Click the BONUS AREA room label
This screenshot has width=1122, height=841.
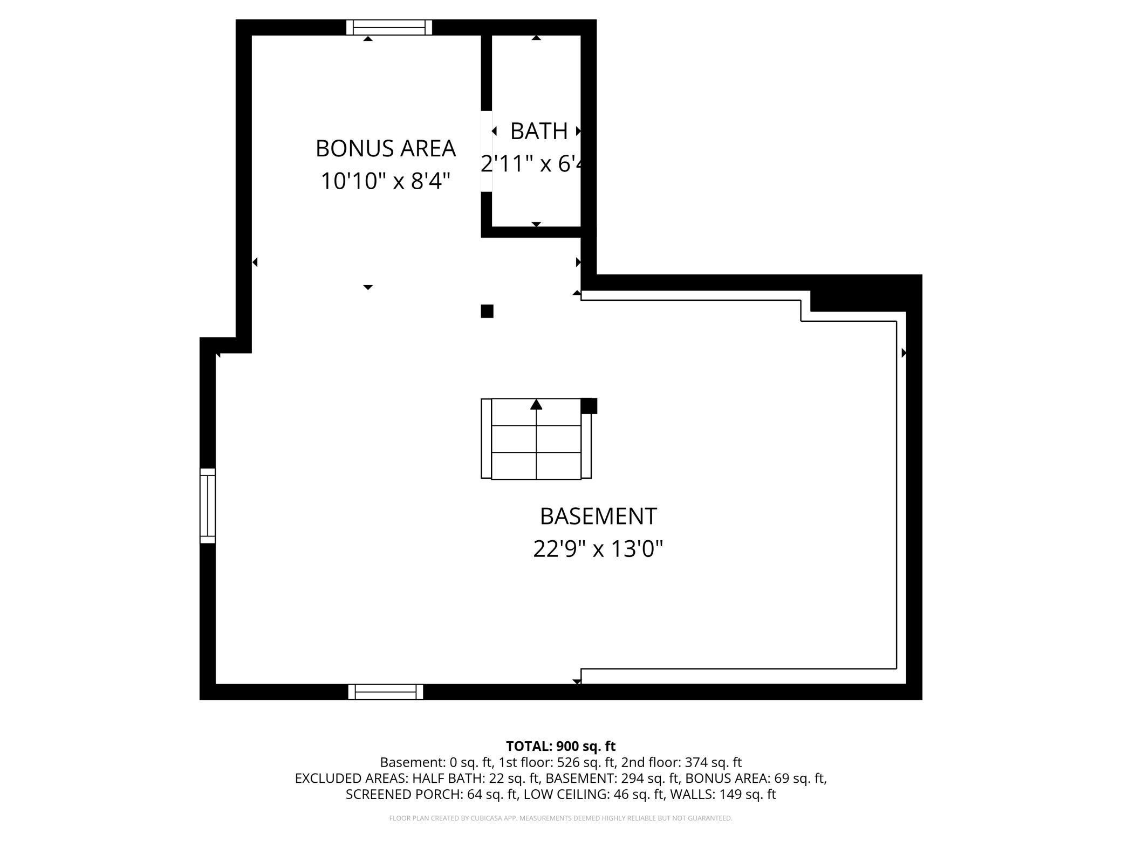tap(385, 148)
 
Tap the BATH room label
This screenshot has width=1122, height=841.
tap(538, 131)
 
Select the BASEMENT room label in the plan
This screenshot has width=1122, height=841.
tap(598, 516)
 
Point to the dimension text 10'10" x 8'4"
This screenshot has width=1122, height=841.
tap(385, 181)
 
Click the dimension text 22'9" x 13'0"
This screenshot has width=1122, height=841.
tap(598, 549)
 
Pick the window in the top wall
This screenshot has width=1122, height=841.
tap(389, 27)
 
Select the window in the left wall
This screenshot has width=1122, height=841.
tap(208, 506)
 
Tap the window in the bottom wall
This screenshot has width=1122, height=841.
tap(385, 692)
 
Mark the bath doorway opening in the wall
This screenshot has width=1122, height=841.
tap(487, 151)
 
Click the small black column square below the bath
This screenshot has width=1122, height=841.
tap(487, 311)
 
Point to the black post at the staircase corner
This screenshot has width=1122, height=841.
tap(589, 406)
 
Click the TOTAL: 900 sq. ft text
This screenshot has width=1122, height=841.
tap(560, 746)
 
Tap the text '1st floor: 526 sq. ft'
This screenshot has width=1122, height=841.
tap(557, 762)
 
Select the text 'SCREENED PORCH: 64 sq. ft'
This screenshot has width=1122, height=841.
tap(430, 794)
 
